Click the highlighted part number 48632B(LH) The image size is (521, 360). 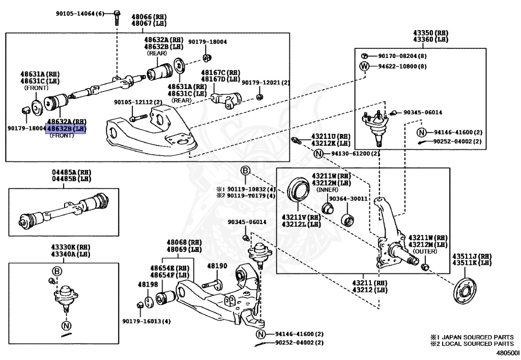tap(67, 129)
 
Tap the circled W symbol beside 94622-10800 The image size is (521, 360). tap(364, 66)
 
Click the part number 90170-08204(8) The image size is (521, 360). tap(402, 56)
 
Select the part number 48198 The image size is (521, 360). tap(148, 285)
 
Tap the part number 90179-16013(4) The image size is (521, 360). tap(146, 321)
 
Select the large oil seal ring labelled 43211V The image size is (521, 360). tap(298, 189)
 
